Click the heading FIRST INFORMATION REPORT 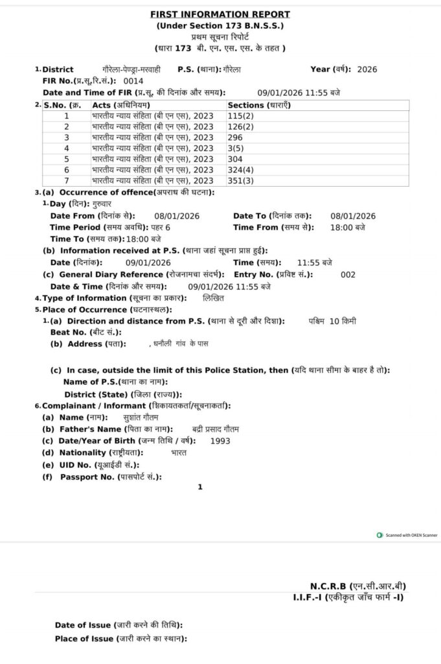pos(220,14)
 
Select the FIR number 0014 pos(133,81)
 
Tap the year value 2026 pos(367,69)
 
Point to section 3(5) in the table pos(236,148)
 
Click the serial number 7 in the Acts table pos(66,180)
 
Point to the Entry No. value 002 pos(348,274)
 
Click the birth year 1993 pos(220,441)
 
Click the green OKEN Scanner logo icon pos(379,535)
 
